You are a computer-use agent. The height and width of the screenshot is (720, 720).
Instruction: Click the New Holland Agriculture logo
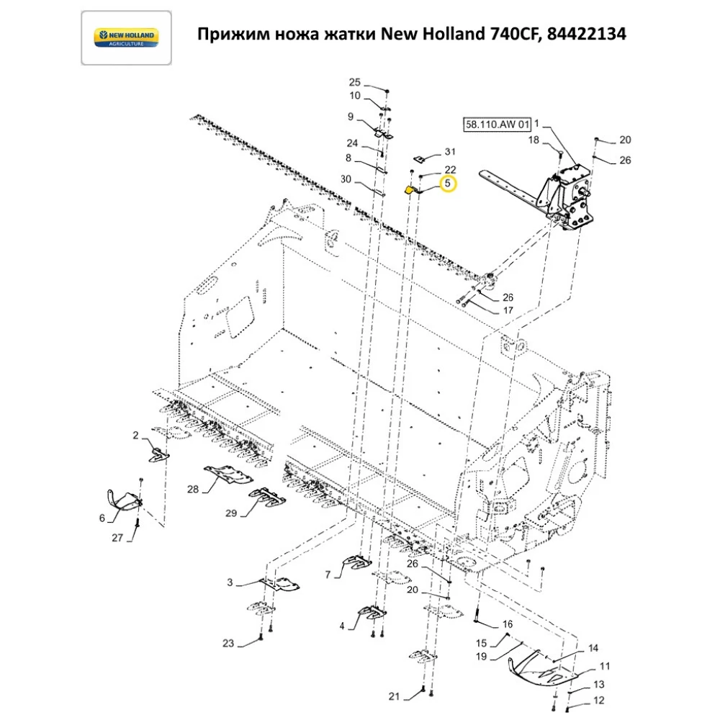point(126,38)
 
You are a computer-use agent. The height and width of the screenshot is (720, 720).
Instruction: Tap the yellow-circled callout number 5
point(448,184)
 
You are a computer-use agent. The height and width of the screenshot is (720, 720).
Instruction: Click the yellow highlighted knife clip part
point(410,191)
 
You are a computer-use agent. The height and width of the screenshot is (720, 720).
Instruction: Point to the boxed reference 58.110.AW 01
point(496,125)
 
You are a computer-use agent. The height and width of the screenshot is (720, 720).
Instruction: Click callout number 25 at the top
point(354,82)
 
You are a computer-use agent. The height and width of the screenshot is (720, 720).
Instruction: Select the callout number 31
point(450,152)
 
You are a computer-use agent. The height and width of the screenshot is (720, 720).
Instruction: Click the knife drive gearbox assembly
point(570,194)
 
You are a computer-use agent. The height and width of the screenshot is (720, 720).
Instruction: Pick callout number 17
point(508,311)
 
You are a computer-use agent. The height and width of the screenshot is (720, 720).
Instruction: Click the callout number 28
point(193,490)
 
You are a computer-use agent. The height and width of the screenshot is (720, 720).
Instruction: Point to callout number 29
point(231,513)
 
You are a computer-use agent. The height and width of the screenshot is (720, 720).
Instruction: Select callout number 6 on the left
point(102,518)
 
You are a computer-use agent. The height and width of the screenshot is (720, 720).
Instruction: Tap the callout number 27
point(117,538)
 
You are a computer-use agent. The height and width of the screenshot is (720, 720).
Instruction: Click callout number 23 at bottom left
point(228,643)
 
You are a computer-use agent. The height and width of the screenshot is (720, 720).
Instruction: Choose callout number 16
point(508,624)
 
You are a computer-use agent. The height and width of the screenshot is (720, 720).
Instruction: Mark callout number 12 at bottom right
point(599,701)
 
